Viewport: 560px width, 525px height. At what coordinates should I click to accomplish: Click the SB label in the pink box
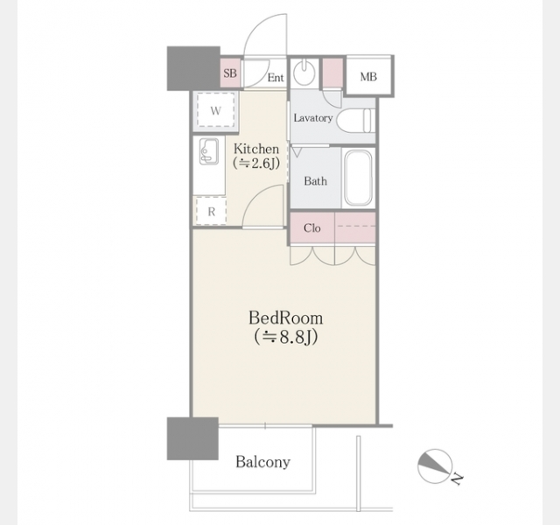tap(230, 73)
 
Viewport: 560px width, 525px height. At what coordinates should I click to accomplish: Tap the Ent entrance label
tap(276, 78)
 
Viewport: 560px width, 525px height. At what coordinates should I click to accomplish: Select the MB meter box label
tap(368, 77)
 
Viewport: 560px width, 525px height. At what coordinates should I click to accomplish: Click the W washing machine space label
tap(215, 111)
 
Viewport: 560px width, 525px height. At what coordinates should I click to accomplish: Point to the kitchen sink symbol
tap(209, 151)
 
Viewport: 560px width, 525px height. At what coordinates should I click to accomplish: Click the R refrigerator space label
tap(212, 212)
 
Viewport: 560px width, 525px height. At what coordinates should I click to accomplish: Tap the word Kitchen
tap(256, 149)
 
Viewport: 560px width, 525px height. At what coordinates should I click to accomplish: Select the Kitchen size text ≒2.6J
tap(256, 164)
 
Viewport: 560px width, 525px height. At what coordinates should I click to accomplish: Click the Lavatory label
tap(313, 118)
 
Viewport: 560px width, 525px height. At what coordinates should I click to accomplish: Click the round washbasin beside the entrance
tap(304, 73)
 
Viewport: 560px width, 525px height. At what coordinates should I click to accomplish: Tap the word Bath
tap(315, 181)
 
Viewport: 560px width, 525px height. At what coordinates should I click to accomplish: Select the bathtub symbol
tap(358, 178)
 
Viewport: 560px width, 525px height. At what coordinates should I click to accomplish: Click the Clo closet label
tap(312, 227)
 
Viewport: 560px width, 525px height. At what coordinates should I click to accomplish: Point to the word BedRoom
tap(286, 318)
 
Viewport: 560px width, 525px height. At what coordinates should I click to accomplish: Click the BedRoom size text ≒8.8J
tap(286, 336)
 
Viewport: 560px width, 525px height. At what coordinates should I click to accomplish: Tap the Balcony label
tap(262, 462)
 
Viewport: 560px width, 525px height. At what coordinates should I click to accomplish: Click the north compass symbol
tap(435, 466)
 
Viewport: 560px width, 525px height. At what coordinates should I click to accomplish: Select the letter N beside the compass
tap(457, 479)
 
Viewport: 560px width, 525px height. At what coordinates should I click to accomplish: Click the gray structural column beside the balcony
tap(192, 438)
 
